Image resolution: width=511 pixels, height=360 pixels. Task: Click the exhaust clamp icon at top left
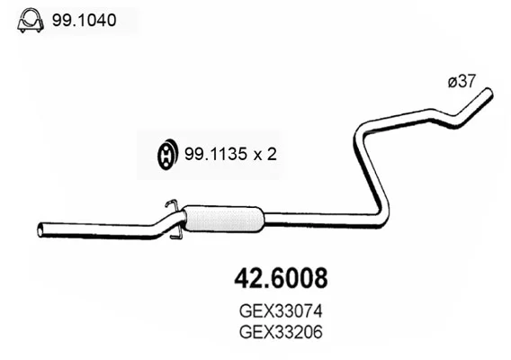pyautogui.click(x=31, y=20)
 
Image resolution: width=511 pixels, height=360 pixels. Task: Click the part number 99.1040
pyautogui.click(x=84, y=20)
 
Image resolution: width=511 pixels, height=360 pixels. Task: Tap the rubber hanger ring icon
pyautogui.click(x=167, y=154)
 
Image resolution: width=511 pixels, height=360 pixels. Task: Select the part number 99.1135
pyautogui.click(x=215, y=154)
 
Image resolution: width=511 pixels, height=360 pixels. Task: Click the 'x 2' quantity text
pyautogui.click(x=265, y=154)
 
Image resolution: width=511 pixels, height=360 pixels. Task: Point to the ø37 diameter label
pyautogui.click(x=462, y=81)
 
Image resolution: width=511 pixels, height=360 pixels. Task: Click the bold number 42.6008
pyautogui.click(x=281, y=278)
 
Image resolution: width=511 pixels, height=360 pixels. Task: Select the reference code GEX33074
pyautogui.click(x=281, y=311)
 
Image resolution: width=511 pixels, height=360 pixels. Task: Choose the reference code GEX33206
pyautogui.click(x=281, y=332)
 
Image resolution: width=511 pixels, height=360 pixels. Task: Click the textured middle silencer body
pyautogui.click(x=223, y=219)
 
